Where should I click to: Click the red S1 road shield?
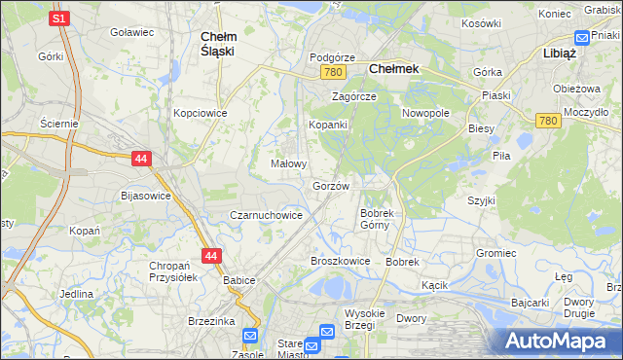pos(59,18)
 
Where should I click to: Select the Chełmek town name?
pos(393,69)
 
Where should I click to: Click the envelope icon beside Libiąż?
pos(582,38)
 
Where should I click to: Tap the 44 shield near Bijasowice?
pos(141,157)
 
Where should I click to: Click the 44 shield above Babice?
pos(211,255)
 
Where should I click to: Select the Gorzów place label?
pos(331,185)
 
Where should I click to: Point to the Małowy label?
pos(289,163)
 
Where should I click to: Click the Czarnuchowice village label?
pos(266,215)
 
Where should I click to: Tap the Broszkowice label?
pos(340,261)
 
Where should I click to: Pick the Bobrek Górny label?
pos(376,219)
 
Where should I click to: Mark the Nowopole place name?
pos(426,113)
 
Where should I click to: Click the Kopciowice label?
pos(201,113)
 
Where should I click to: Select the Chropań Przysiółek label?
pos(174,271)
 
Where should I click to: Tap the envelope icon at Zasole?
pos(250,336)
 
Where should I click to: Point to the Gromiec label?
pos(495,252)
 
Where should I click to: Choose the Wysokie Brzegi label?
pos(366,320)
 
